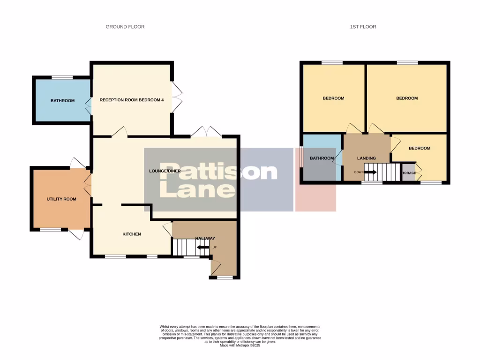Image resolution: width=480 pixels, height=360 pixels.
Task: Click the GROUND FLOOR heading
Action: (x=125, y=27)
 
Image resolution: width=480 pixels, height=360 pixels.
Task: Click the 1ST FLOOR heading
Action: (x=363, y=27)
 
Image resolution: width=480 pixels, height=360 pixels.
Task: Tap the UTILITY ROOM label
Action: (x=61, y=199)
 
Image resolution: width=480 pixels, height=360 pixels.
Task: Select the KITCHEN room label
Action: (x=132, y=234)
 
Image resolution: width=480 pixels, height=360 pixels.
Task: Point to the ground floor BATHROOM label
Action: (x=62, y=100)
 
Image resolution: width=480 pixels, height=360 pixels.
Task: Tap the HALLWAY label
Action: (x=205, y=239)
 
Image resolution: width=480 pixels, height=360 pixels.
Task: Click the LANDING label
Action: (x=367, y=158)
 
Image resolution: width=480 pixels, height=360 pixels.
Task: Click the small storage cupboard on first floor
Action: (x=409, y=172)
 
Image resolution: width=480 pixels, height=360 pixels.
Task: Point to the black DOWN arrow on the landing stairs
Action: (x=370, y=172)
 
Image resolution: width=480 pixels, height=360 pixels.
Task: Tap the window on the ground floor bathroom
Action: (x=62, y=77)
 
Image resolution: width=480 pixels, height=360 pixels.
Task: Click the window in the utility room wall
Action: (x=50, y=230)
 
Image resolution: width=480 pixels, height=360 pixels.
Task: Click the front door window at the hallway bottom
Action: (x=225, y=278)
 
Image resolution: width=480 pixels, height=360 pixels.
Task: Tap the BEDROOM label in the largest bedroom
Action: (x=406, y=98)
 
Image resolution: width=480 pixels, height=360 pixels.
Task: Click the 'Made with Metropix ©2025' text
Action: (x=240, y=345)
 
